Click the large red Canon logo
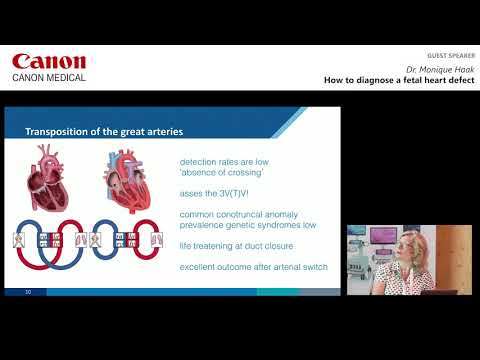(x=49, y=62)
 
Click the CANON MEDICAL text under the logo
(x=49, y=77)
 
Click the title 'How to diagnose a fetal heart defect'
(x=399, y=81)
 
